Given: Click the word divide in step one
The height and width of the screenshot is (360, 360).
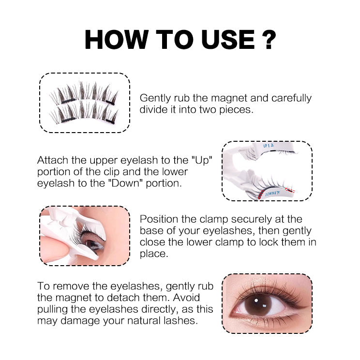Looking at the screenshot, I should (153, 109).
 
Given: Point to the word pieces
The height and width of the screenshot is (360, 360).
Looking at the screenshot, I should (235, 109).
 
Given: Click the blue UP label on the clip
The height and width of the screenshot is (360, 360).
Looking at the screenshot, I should (269, 146).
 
